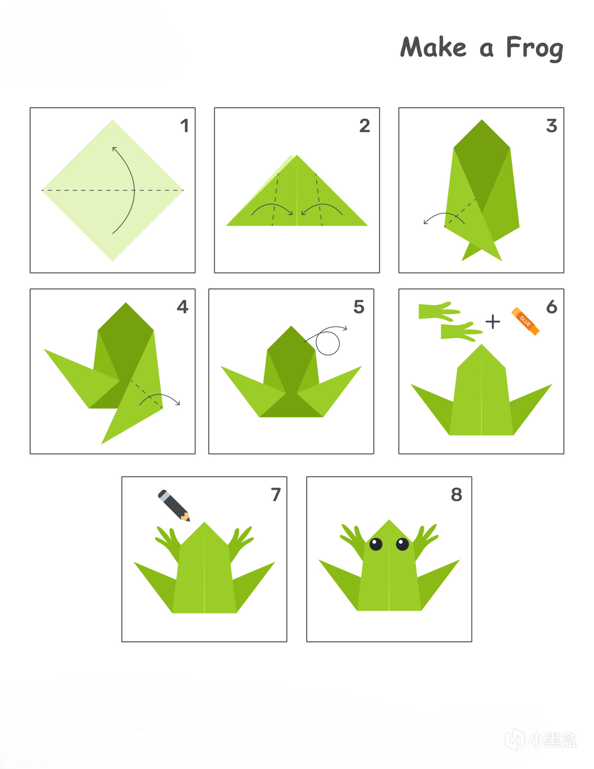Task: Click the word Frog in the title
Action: [535, 48]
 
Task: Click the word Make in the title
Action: [433, 46]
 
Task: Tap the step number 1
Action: [185, 126]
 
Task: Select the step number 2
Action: [365, 126]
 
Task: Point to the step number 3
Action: [552, 126]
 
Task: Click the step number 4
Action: [182, 306]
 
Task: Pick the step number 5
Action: [359, 306]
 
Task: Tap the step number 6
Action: [552, 306]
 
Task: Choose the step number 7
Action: [276, 495]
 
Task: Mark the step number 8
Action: [457, 495]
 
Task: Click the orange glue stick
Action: [525, 321]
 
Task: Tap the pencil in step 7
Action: [174, 505]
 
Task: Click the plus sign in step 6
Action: [492, 322]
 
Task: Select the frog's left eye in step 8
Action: [375, 544]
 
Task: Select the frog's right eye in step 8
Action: [402, 544]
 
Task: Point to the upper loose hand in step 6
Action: [439, 312]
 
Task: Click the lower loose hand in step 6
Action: [461, 332]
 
